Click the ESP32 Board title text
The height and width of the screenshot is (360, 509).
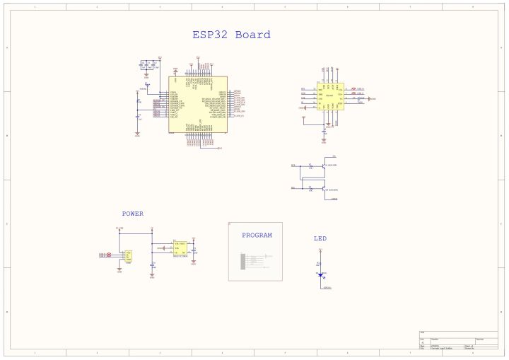coord(231,35)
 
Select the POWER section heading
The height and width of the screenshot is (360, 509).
coord(132,213)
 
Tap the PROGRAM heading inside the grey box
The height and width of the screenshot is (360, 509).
coord(257,236)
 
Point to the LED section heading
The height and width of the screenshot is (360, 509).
coord(320,238)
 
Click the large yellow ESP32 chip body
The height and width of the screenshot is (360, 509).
coord(198,104)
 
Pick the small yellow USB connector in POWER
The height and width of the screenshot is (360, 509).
coord(129,255)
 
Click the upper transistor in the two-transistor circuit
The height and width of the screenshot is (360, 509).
coord(322,166)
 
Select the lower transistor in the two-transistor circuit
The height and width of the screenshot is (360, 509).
coord(322,189)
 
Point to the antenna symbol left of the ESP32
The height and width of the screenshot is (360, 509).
coord(148,85)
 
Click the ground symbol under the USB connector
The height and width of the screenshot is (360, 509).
coord(119,269)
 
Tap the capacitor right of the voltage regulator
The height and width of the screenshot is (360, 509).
coord(194,250)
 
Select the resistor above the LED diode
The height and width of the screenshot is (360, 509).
coord(320,264)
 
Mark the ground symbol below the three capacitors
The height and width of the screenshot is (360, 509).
coord(146,74)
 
